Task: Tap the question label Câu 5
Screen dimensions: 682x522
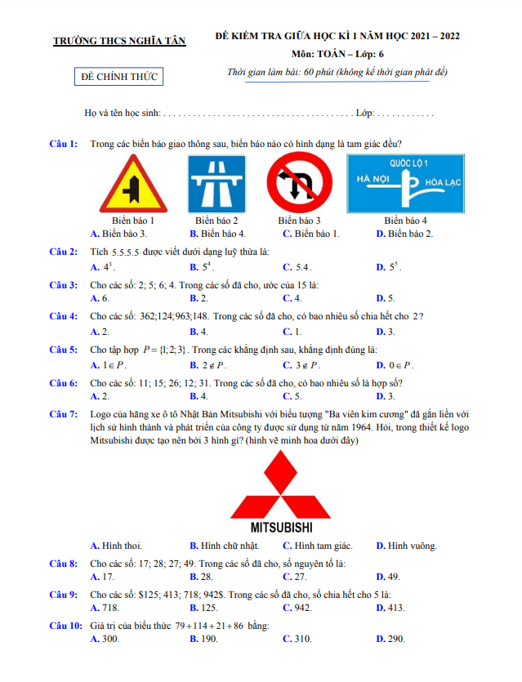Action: [x=63, y=350]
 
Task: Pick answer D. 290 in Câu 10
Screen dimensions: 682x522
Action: [x=390, y=639]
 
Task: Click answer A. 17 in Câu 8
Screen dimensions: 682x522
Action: [x=103, y=577]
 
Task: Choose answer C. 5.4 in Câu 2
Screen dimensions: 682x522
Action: [x=297, y=267]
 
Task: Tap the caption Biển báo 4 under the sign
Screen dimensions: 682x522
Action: [x=405, y=221]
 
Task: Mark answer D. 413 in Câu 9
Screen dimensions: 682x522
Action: [x=390, y=608]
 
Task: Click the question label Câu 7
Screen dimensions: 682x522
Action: [x=63, y=414]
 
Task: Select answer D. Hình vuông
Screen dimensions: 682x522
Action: [x=406, y=546]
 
